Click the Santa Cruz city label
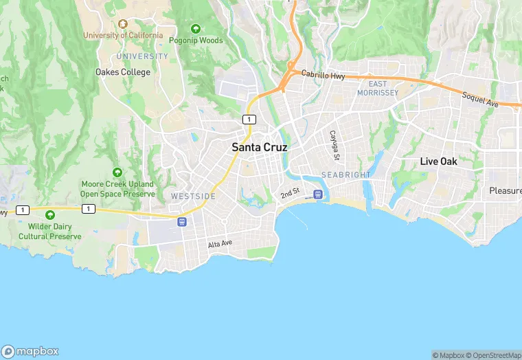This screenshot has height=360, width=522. coord(260,147)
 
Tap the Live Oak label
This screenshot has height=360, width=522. coord(439,161)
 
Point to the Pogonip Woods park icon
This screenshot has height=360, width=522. coord(196,29)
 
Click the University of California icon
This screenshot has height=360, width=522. coord(124,23)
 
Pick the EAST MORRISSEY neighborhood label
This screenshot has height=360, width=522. coord(378,88)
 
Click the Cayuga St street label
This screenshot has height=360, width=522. coord(334,142)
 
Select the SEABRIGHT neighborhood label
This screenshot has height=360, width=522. coord(346,175)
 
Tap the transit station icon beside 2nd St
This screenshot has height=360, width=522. coord(317,194)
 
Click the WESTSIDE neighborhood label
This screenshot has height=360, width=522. coord(193,196)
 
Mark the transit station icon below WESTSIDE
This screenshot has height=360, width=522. coord(182,221)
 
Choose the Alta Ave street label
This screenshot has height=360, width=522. coord(220,244)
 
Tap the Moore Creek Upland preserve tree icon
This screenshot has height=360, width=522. coord(117,172)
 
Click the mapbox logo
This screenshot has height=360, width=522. coord(31,351)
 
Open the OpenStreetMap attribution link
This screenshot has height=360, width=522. coord(492,355)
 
